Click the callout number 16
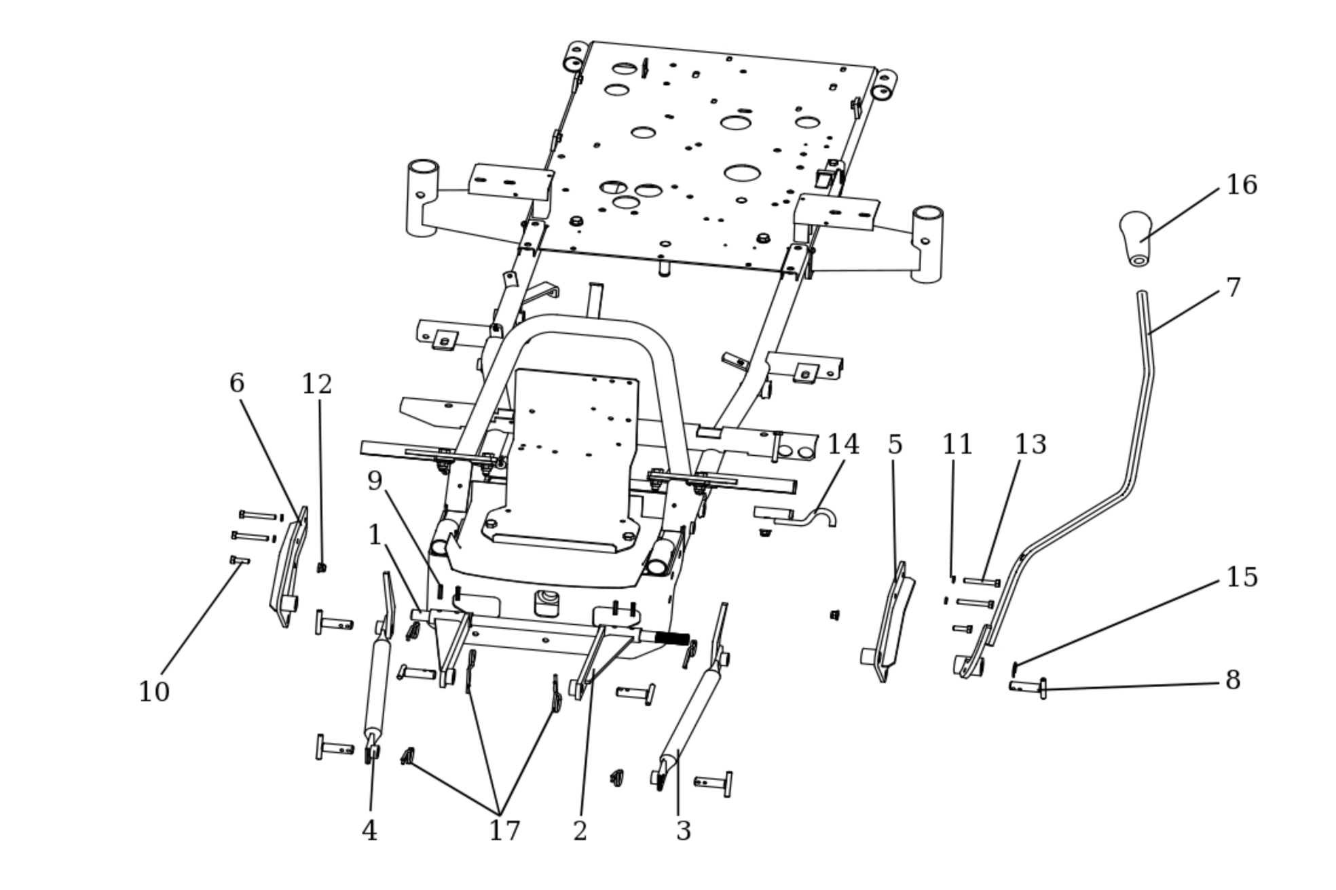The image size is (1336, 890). coord(1241,185)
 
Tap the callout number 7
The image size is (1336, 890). coord(1233,288)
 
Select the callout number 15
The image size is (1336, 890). coord(1241,577)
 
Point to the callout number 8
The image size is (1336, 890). coord(1233,680)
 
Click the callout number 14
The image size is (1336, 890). coord(843,444)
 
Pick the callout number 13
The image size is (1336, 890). coord(1030,444)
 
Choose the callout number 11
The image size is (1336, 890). coord(957,444)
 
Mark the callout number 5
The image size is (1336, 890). coord(895,444)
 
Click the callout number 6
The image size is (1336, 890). coord(236,383)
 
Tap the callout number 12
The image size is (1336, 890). coord(316,385)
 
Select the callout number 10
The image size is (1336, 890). coord(153,692)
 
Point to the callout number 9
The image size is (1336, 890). coord(375,481)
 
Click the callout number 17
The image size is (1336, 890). coord(504,830)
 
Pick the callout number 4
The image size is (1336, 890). coord(369,830)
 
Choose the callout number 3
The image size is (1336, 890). coord(683,830)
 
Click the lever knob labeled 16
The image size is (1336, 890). coord(1136,237)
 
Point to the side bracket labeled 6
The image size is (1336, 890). coord(289,570)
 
